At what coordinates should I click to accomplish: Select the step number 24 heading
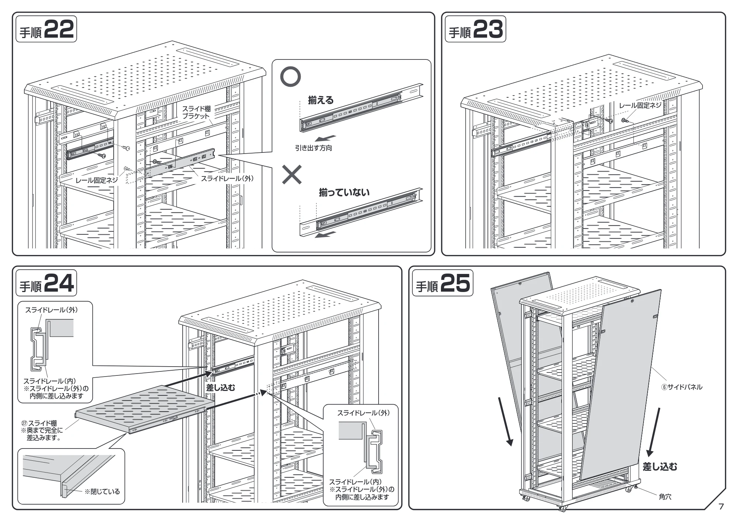click(x=46, y=284)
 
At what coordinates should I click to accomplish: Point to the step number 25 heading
click(x=442, y=284)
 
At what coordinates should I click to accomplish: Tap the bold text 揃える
click(x=321, y=100)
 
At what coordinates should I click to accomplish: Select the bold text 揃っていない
click(x=344, y=192)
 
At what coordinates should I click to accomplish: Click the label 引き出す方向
click(x=313, y=148)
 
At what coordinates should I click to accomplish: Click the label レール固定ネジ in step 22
click(x=97, y=180)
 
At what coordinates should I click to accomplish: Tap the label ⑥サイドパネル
click(x=682, y=387)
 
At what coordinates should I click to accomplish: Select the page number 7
click(x=721, y=506)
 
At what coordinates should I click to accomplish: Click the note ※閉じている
click(x=102, y=491)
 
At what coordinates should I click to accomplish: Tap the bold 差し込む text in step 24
click(x=220, y=388)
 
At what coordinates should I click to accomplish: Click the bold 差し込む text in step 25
click(x=660, y=467)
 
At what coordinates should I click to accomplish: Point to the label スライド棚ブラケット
click(x=196, y=112)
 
